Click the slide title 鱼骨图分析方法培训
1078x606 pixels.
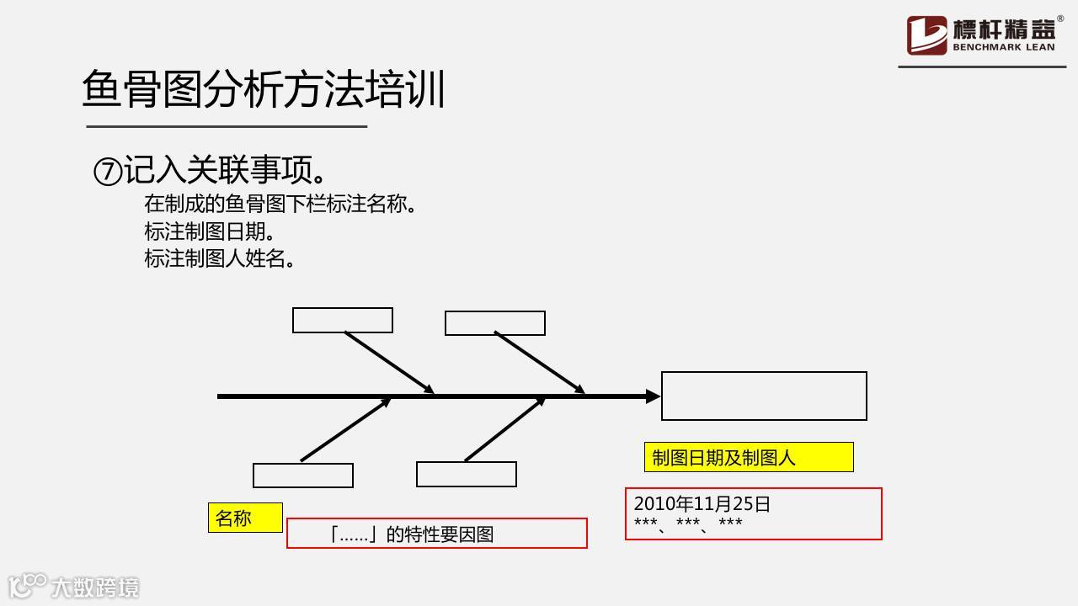click(x=264, y=90)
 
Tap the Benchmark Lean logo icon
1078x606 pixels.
click(x=926, y=35)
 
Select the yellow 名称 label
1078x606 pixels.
click(x=244, y=518)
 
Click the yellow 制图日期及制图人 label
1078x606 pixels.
click(x=748, y=457)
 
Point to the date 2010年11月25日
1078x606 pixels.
click(x=702, y=503)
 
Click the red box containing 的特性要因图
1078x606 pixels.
click(x=436, y=534)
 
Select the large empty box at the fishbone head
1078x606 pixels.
click(x=764, y=396)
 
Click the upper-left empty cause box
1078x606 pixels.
click(x=342, y=320)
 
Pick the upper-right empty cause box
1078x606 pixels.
click(x=494, y=323)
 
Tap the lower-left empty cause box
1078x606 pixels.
click(x=302, y=475)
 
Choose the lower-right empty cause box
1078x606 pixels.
click(x=466, y=474)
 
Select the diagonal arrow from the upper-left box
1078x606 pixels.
click(x=389, y=362)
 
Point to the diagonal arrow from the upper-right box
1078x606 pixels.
click(x=539, y=362)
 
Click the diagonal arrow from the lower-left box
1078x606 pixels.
click(x=345, y=429)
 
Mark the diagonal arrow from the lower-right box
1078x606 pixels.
click(x=504, y=429)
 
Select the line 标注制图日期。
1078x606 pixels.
click(x=209, y=231)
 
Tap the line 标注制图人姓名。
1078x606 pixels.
click(x=219, y=258)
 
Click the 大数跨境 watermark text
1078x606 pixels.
click(x=95, y=587)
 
